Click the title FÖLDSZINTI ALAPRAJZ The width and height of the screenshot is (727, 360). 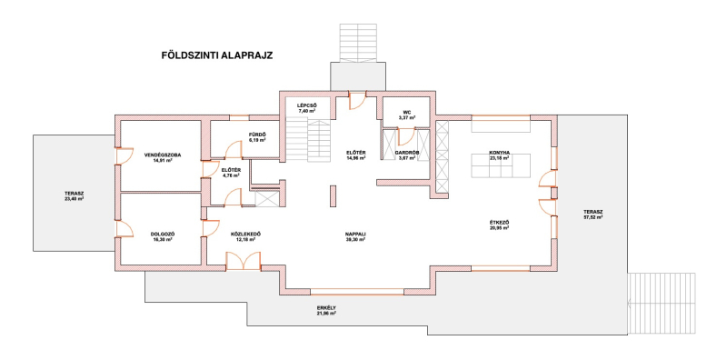pos(217,55)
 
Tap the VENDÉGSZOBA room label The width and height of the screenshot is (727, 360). pos(163,155)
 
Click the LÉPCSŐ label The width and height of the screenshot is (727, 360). pos(306,105)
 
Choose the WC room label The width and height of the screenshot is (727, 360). pos(407,112)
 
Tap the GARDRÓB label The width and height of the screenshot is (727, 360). pos(407,152)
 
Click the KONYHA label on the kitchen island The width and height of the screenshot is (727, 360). pos(499,152)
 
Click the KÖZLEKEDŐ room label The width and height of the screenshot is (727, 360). pos(245,234)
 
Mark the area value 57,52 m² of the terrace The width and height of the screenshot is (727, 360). pos(593,216)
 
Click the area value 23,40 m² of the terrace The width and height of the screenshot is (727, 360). pos(75,198)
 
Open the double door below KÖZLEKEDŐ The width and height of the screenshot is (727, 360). pos(244,261)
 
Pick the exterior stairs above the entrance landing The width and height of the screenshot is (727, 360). pos(357,43)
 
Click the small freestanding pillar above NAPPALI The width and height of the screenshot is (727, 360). pos(333,196)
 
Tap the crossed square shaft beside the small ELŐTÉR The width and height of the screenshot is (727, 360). pos(266,198)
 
